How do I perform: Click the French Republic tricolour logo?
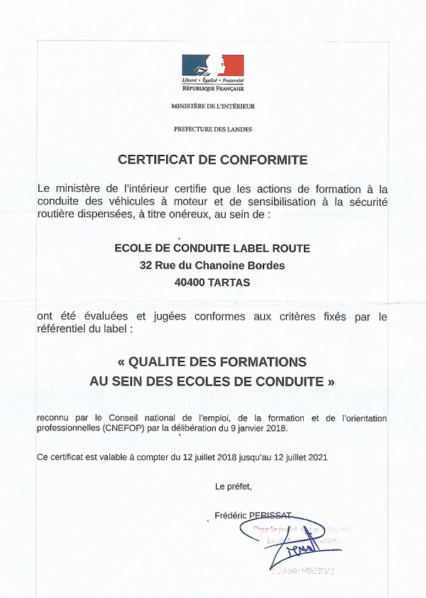click(x=213, y=66)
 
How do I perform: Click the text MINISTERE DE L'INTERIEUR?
click(x=213, y=106)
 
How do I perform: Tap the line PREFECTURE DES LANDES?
click(x=213, y=129)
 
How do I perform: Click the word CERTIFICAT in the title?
click(x=158, y=160)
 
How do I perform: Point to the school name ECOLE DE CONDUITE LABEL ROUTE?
click(x=212, y=249)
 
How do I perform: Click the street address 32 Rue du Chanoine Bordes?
click(x=212, y=266)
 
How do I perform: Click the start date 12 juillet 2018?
click(x=207, y=458)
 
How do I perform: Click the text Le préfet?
click(x=233, y=486)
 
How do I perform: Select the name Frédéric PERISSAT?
click(x=253, y=516)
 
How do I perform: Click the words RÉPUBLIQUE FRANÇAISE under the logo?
click(x=213, y=89)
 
